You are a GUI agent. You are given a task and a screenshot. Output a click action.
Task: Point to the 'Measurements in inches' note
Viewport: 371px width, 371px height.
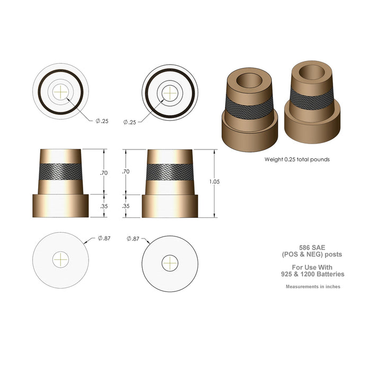point(313,287)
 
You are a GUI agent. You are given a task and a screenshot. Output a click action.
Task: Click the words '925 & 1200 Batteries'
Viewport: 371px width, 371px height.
point(313,274)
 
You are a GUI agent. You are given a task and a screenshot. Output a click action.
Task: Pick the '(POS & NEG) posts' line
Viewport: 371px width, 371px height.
point(313,254)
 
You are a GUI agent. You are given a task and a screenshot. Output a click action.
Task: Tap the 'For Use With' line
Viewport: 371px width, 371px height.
point(313,266)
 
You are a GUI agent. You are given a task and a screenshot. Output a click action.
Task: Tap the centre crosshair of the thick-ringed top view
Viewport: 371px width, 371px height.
point(170,92)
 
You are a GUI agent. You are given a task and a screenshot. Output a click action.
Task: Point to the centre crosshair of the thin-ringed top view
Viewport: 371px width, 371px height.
point(61,92)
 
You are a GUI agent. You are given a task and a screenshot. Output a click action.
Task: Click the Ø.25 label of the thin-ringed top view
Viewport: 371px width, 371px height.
point(102,121)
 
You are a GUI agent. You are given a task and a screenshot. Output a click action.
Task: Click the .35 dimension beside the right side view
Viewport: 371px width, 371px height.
point(126,206)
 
